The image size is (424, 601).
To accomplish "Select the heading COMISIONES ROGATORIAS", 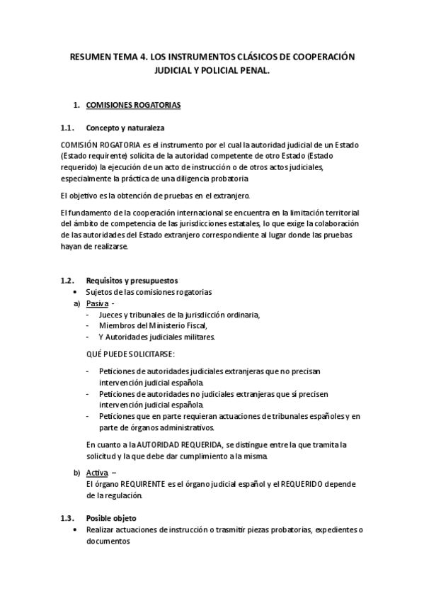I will coord(133,106).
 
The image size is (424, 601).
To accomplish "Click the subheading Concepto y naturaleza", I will coord(125,128).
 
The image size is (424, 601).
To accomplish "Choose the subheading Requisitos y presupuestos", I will coord(132,281).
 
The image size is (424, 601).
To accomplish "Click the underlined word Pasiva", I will coord(97,303).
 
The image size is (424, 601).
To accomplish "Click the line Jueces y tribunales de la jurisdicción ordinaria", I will coord(180,315).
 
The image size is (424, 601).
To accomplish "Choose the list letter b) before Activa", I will coord(76,472).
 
